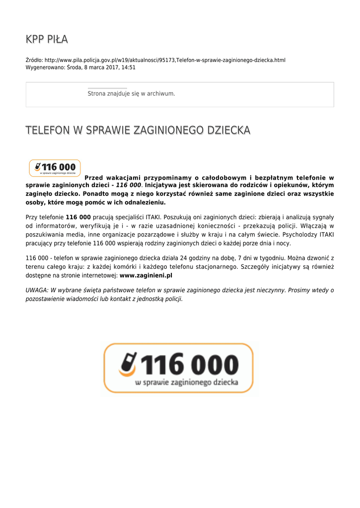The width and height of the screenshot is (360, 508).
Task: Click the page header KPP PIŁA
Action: (x=47, y=39)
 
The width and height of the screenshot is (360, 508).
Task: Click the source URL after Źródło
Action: (x=165, y=60)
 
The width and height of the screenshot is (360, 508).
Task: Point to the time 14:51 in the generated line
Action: (x=128, y=67)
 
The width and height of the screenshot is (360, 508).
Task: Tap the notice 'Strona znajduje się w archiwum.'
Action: (x=131, y=93)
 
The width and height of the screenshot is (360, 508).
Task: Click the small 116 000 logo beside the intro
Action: (x=55, y=168)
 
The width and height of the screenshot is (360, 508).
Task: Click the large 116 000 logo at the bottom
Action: (x=178, y=368)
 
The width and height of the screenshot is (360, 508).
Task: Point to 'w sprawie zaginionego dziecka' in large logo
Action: (x=187, y=382)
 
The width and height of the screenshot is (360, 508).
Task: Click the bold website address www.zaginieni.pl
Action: (x=146, y=275)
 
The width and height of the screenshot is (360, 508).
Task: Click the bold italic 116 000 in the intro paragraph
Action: (x=128, y=186)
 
